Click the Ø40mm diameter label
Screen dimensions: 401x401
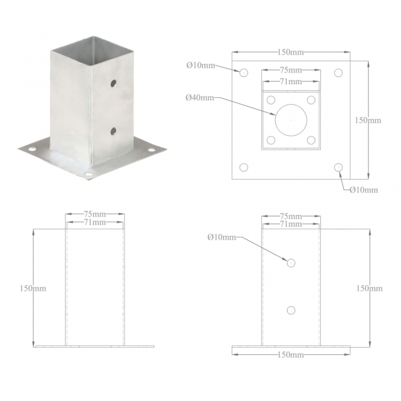199,98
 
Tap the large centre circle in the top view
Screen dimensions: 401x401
291,120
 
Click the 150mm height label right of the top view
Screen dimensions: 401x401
368,120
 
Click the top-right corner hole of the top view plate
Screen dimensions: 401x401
338,73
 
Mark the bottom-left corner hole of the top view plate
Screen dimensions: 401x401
244,167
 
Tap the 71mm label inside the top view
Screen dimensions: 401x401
291,81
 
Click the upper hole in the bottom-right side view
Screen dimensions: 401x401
291,263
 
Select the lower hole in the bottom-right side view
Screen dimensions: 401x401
291,310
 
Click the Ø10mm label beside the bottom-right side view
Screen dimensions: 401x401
222,237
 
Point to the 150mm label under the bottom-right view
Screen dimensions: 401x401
291,355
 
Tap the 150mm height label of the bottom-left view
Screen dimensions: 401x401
33,288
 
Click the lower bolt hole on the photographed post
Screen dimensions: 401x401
114,131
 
